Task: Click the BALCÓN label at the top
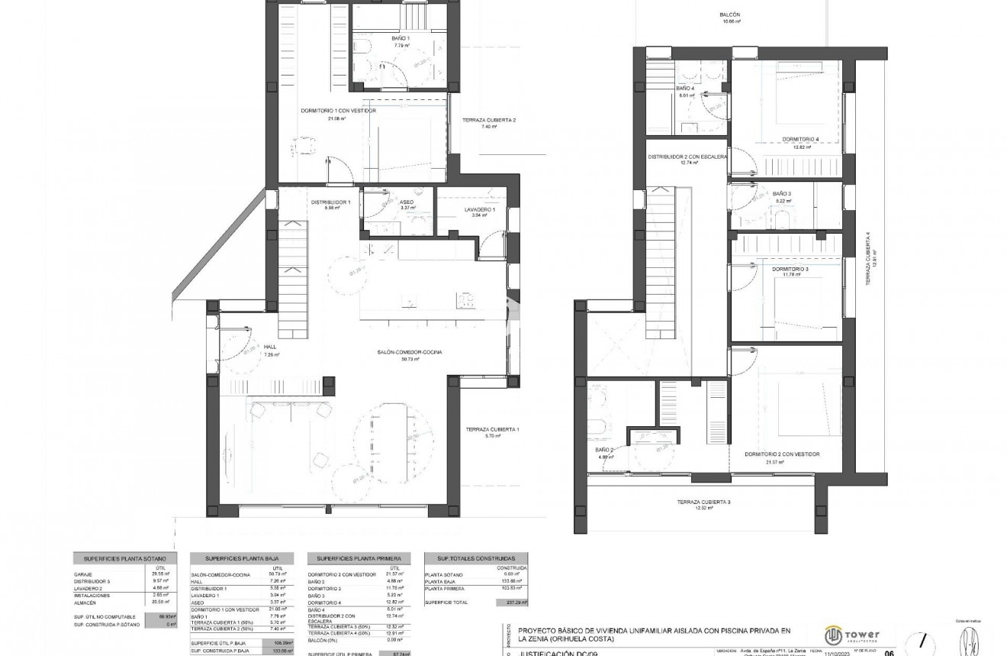coord(730,15)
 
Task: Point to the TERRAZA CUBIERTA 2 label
coord(489,120)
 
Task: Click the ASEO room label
coord(407,202)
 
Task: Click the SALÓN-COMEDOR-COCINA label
coord(410,352)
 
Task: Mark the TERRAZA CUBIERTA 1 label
coord(492,429)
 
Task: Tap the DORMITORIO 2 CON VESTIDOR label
coord(782,454)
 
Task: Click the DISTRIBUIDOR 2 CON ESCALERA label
coord(687,156)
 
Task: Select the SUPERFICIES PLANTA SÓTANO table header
coord(125,558)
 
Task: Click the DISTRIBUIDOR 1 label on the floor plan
coord(330,202)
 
